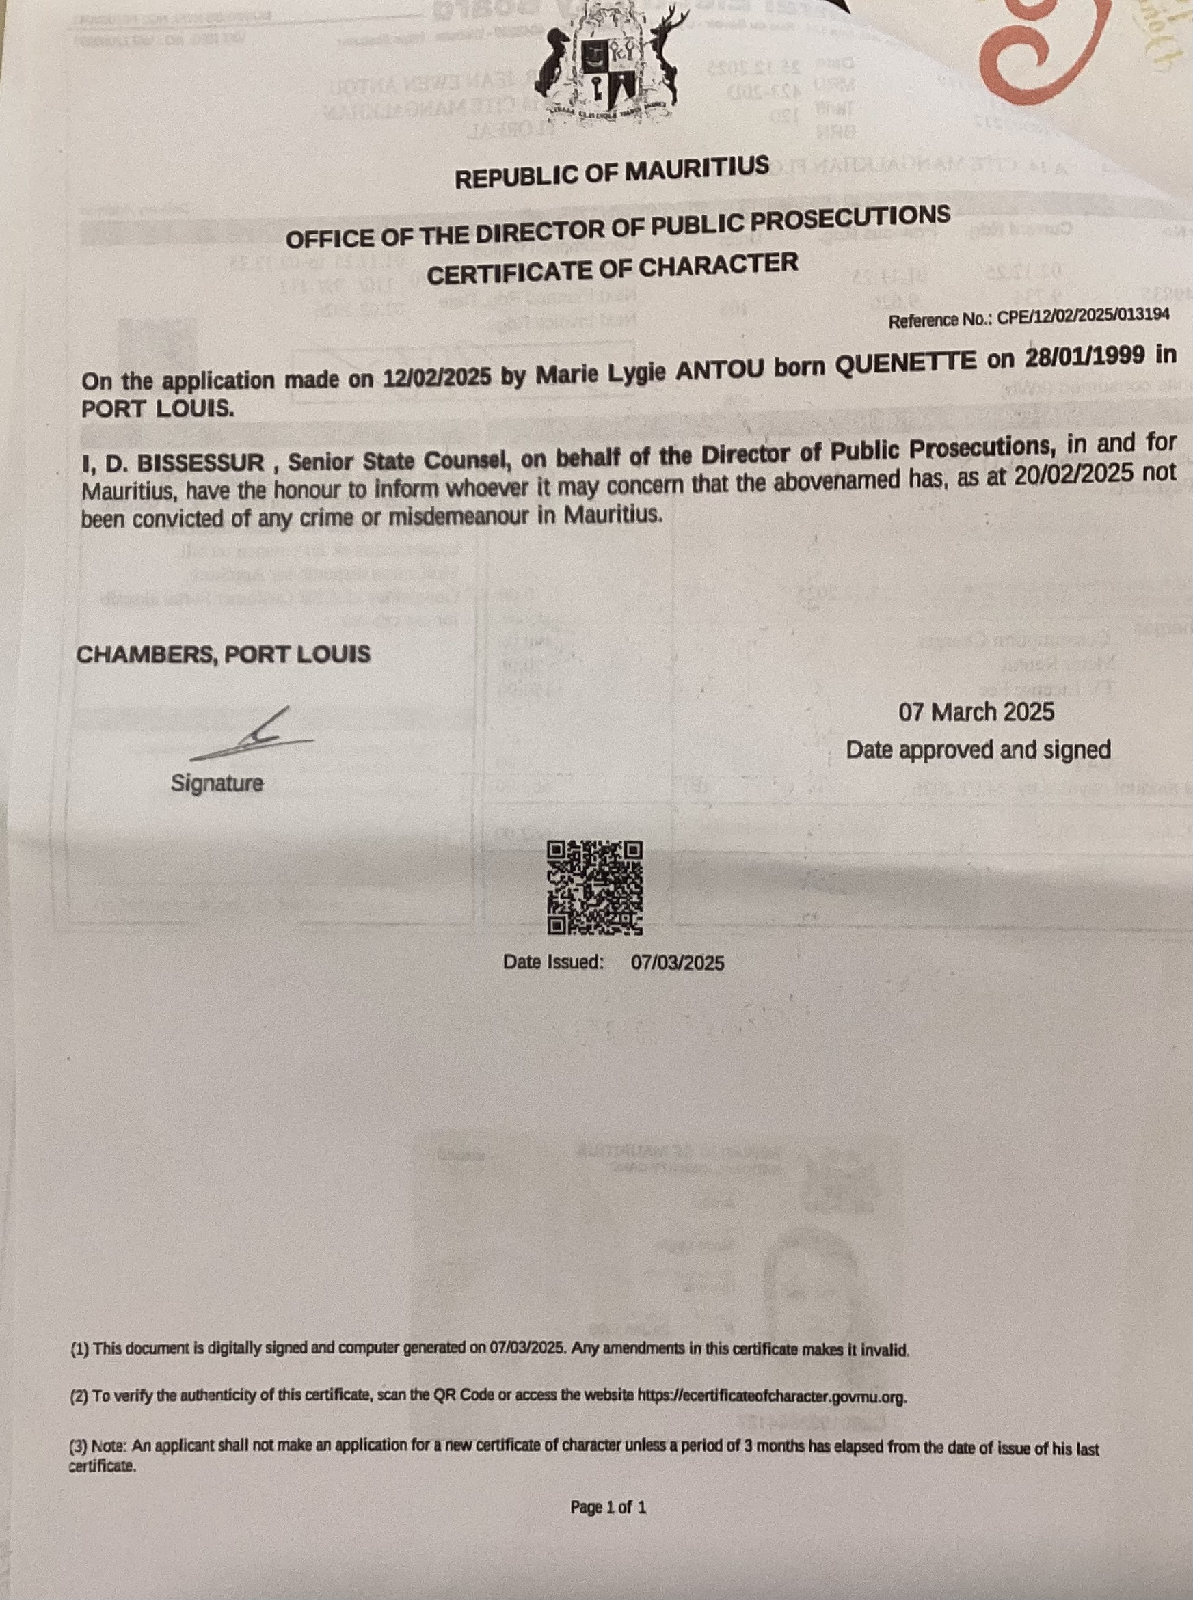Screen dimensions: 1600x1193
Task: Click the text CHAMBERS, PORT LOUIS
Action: click(223, 655)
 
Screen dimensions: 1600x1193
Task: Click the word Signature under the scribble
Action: click(217, 783)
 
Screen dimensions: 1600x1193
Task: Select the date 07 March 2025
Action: click(976, 713)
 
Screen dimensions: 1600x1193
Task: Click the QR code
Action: click(595, 887)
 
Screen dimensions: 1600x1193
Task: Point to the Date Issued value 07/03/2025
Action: click(678, 962)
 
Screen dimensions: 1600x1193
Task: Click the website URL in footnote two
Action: click(772, 1396)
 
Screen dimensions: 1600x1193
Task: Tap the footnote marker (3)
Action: click(79, 1447)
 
